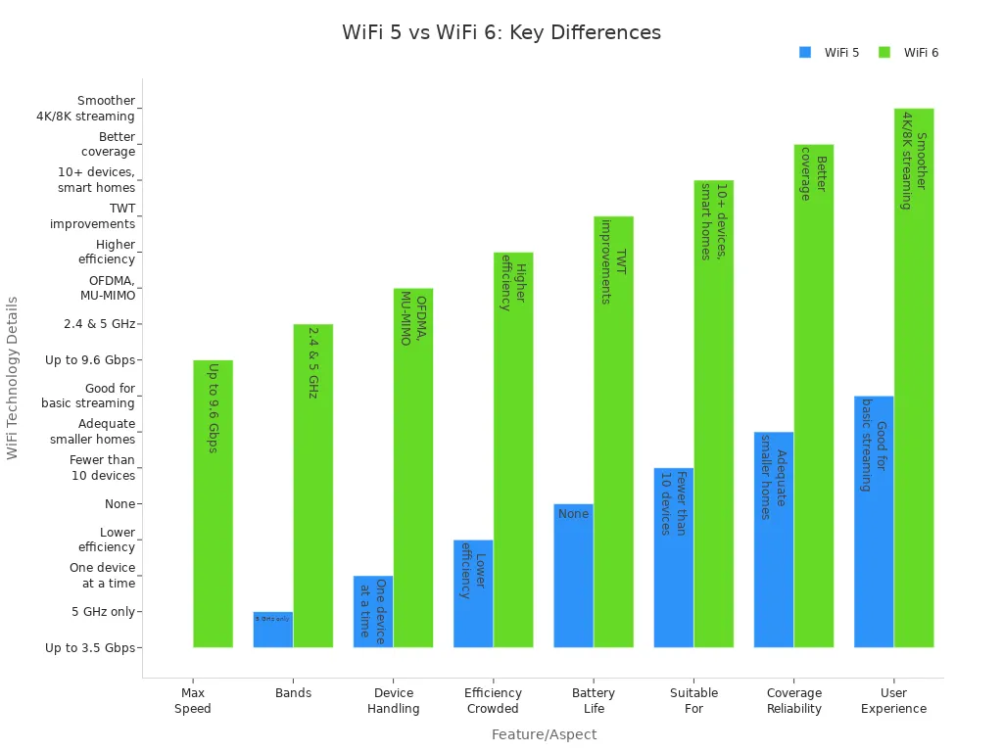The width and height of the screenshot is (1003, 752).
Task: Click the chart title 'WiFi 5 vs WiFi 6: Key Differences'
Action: click(501, 32)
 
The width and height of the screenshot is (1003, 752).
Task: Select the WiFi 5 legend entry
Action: click(829, 53)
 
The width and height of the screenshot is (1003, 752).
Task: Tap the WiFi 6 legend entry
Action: click(908, 53)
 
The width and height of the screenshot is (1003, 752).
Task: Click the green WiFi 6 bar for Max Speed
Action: click(213, 503)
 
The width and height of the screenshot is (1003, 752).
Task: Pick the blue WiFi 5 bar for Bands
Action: click(273, 630)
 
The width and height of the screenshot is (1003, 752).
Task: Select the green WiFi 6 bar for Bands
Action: click(313, 486)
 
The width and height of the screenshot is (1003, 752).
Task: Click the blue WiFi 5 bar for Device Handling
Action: click(373, 612)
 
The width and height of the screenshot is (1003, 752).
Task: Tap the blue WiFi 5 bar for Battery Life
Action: click(573, 576)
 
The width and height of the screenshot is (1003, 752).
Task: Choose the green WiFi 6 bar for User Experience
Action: click(914, 378)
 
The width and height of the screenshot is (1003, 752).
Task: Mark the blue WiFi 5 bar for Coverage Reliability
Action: click(774, 540)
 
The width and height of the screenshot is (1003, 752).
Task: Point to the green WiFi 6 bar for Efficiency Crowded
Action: click(513, 449)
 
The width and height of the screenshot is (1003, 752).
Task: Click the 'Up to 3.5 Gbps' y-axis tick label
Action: click(90, 647)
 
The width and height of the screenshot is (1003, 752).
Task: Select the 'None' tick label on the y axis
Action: click(119, 504)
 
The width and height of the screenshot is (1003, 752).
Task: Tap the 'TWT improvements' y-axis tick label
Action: click(93, 216)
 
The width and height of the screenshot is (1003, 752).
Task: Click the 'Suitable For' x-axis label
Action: click(693, 701)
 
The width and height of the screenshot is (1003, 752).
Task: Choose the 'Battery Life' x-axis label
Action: click(594, 701)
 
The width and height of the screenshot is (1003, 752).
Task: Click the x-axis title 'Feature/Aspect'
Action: click(544, 734)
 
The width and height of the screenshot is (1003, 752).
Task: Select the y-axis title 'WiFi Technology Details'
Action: click(13, 378)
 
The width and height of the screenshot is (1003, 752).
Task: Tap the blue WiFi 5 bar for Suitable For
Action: click(674, 558)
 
